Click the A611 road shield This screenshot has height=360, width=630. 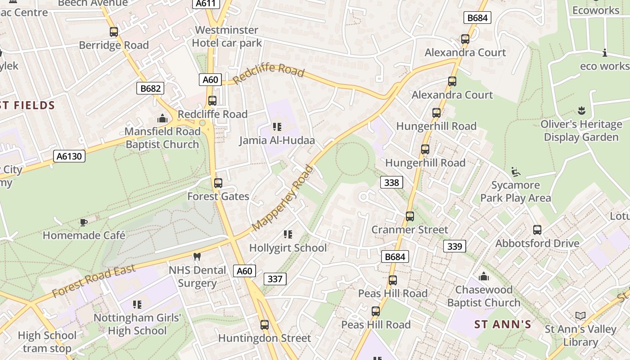click(x=207, y=4)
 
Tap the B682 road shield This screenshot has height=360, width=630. click(x=150, y=88)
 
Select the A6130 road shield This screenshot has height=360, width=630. click(x=69, y=156)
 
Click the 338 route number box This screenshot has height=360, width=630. click(x=391, y=182)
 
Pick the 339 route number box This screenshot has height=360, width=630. click(x=454, y=246)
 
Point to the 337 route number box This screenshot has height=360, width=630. click(x=274, y=279)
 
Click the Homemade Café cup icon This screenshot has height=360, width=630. click(x=83, y=222)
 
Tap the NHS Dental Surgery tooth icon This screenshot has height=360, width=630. click(x=197, y=257)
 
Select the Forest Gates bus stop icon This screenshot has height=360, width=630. click(x=218, y=183)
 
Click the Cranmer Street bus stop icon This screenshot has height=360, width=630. click(x=410, y=216)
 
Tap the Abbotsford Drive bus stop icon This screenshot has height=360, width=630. click(x=537, y=230)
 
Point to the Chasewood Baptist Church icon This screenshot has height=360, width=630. click(x=484, y=276)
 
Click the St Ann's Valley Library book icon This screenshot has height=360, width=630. click(x=580, y=316)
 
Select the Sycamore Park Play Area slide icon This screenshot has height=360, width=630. click(x=516, y=172)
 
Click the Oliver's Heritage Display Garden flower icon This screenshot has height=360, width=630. click(x=581, y=111)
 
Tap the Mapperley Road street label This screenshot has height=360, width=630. click(x=283, y=198)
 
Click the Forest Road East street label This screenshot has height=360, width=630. click(x=94, y=281)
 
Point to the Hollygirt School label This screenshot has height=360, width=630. click(x=288, y=248)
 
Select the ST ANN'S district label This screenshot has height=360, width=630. click(x=503, y=324)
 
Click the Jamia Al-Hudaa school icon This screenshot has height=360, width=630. click(x=277, y=127)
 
